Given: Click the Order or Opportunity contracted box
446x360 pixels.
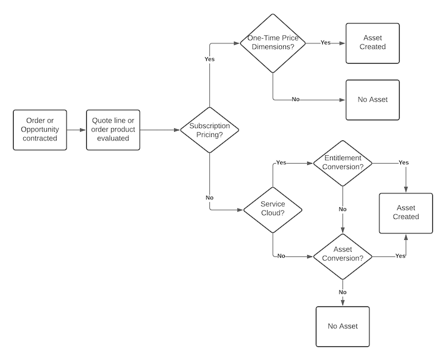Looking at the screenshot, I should pyautogui.click(x=39, y=129).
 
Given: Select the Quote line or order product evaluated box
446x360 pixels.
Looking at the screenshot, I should pyautogui.click(x=114, y=129).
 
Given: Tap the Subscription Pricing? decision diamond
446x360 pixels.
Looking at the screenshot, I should pyautogui.click(x=209, y=130).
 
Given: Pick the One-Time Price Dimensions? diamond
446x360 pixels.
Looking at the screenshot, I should pyautogui.click(x=272, y=43).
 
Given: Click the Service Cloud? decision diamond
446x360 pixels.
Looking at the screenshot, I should pyautogui.click(x=272, y=209).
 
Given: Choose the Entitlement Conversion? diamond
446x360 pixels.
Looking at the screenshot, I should pyautogui.click(x=343, y=162).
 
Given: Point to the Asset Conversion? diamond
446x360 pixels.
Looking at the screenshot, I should pyautogui.click(x=343, y=256).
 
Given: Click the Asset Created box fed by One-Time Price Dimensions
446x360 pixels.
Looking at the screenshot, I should pyautogui.click(x=373, y=43).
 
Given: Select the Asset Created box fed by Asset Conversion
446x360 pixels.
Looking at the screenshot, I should pyautogui.click(x=407, y=212).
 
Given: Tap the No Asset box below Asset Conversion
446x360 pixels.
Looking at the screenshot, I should pyautogui.click(x=343, y=326).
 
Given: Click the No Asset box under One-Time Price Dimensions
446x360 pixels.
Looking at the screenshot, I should pyautogui.click(x=373, y=99).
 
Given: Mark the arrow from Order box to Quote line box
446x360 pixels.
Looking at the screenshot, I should pyautogui.click(x=76, y=129).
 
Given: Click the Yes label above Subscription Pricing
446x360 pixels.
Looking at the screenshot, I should pyautogui.click(x=209, y=60).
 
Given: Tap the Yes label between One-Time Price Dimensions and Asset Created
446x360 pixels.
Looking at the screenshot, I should pyautogui.click(x=325, y=43).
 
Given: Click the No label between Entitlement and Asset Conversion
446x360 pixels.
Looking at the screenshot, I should pyautogui.click(x=343, y=209).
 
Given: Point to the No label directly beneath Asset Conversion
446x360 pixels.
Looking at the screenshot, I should pyautogui.click(x=343, y=292).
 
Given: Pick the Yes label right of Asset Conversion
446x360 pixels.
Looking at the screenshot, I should pyautogui.click(x=400, y=256).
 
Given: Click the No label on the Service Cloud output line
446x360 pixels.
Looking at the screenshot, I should pyautogui.click(x=281, y=256).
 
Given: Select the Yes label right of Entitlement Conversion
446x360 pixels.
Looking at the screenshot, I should pyautogui.click(x=403, y=162).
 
